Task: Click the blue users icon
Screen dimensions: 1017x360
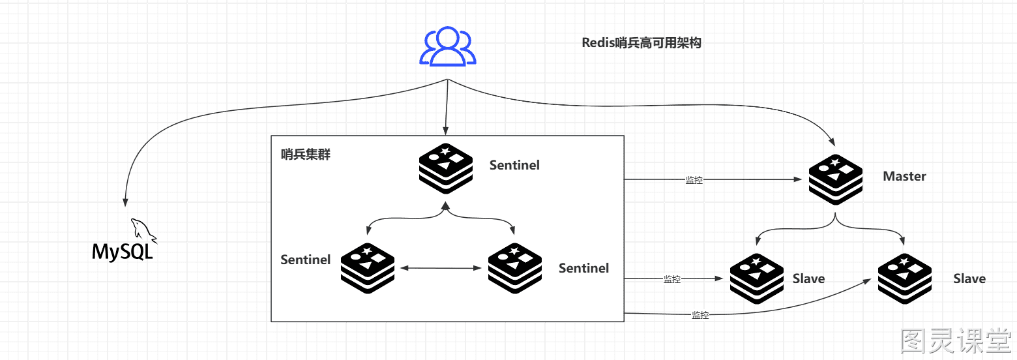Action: tap(448, 46)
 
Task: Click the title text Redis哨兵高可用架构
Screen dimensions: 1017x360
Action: tap(641, 42)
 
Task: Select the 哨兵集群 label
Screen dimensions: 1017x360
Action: tap(306, 155)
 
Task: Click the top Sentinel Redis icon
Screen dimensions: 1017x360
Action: tap(446, 168)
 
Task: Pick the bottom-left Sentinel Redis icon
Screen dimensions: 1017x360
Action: tap(368, 268)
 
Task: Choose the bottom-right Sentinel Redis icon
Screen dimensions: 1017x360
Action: tap(515, 268)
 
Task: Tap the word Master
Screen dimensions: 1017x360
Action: tap(904, 176)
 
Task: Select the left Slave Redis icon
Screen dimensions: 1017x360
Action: tap(757, 278)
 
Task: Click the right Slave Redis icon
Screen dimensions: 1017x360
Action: tap(904, 278)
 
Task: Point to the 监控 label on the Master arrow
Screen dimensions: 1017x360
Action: tap(694, 180)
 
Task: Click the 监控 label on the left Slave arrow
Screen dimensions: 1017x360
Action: tap(672, 278)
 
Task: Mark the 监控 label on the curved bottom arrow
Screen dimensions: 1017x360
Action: tap(700, 314)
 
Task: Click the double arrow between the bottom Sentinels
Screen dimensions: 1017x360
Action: tap(441, 268)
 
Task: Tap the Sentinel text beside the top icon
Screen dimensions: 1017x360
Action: tap(514, 165)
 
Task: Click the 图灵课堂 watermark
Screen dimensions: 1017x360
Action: tap(956, 340)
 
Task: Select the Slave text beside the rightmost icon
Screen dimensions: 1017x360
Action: tap(969, 278)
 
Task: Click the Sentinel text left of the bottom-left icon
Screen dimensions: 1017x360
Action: tap(306, 259)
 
